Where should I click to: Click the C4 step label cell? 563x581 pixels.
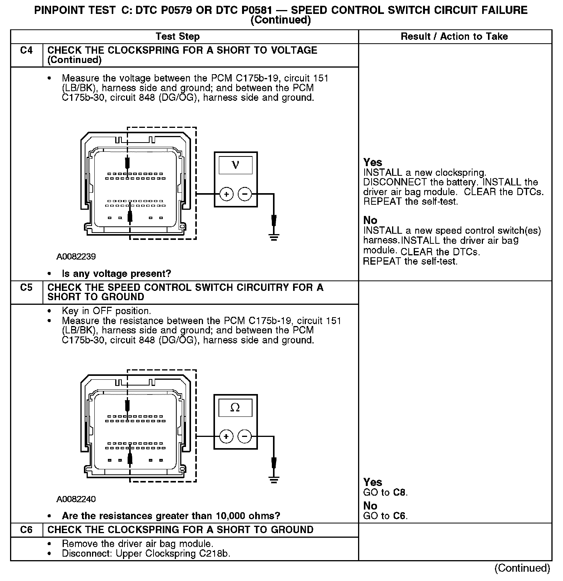point(26,51)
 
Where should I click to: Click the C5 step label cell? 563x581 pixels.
point(26,288)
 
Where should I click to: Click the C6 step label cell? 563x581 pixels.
point(26,530)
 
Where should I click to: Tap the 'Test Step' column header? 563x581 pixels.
point(177,37)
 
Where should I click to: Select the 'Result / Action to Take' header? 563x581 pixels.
point(454,37)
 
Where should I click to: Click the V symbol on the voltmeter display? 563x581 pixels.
point(235,165)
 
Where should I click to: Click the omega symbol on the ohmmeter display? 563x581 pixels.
point(235,408)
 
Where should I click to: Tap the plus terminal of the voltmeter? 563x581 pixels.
point(226,194)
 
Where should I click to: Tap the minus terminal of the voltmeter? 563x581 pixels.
point(244,194)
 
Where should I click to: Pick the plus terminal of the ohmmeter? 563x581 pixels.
point(226,437)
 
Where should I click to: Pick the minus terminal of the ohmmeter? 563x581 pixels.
point(244,437)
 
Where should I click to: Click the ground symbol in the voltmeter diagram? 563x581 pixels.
point(274,237)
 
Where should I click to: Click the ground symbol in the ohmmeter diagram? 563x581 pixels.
point(274,479)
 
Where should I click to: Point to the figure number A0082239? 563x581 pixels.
point(76,257)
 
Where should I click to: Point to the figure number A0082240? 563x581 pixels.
point(76,499)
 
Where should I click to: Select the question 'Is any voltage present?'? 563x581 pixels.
point(116,274)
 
